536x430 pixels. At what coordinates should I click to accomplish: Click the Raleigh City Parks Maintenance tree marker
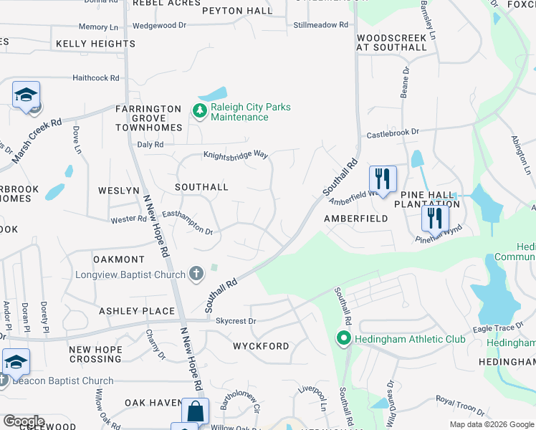tap(198, 110)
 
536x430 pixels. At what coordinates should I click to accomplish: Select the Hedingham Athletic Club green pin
tap(343, 338)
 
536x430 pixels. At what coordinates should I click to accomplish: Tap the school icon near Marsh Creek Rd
tap(27, 95)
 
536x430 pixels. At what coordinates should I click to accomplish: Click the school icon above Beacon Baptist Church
tap(16, 363)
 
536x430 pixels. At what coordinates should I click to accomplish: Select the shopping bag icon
tap(195, 412)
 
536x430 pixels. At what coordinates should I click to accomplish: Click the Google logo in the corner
tap(24, 421)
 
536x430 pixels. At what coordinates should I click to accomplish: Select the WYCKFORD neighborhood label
tap(261, 346)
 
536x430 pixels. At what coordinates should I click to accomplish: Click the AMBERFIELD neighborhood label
tap(356, 218)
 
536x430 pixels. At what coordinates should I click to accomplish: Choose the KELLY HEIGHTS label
tap(95, 44)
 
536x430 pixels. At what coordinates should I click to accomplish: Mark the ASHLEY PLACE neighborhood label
tap(137, 311)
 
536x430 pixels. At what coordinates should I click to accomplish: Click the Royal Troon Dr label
tap(460, 405)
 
